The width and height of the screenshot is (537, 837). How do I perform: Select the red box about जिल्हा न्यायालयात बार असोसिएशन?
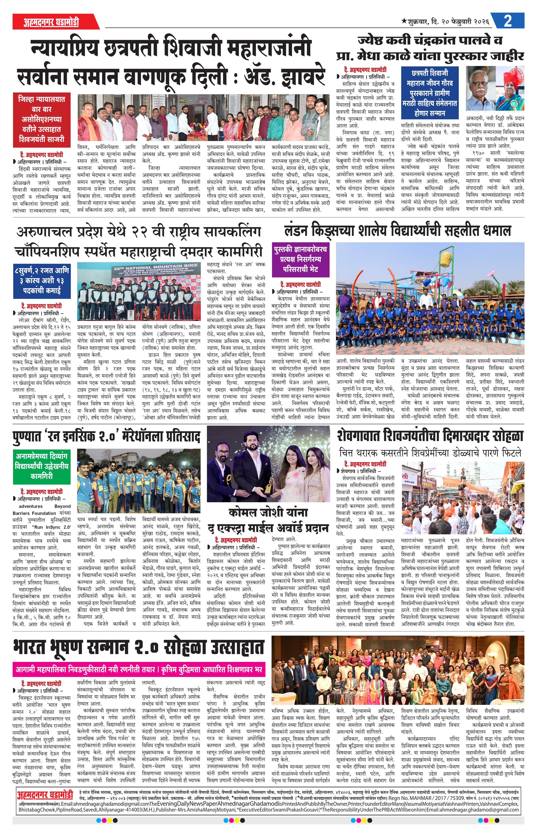(x=42, y=119)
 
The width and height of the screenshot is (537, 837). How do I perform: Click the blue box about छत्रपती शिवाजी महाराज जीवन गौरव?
(x=431, y=93)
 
